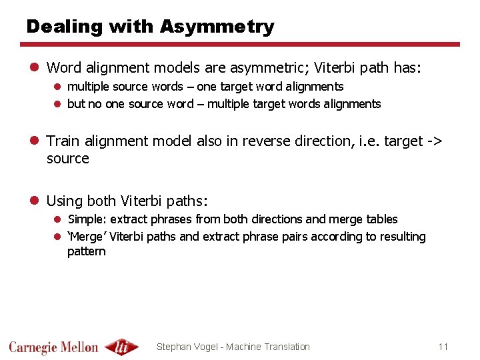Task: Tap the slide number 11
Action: tap(443, 346)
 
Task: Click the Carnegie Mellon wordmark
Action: tap(53, 347)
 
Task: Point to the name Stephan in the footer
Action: tap(174, 347)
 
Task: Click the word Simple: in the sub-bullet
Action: tap(87, 219)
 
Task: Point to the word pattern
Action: tap(87, 251)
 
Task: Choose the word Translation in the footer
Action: tap(287, 347)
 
